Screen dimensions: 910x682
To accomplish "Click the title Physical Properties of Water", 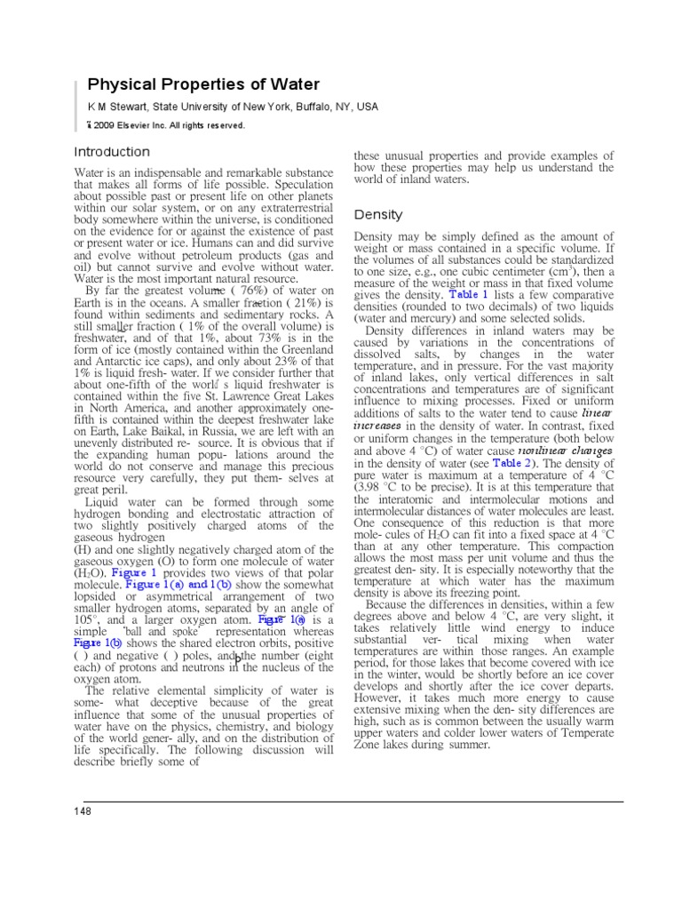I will pyautogui.click(x=202, y=84).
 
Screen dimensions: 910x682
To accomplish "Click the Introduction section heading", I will pyautogui.click(x=112, y=152).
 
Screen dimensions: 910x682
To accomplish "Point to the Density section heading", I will pyautogui.click(x=378, y=214).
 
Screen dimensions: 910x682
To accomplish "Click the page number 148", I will pyautogui.click(x=83, y=811).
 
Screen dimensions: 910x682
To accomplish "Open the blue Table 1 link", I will pyautogui.click(x=469, y=293).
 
